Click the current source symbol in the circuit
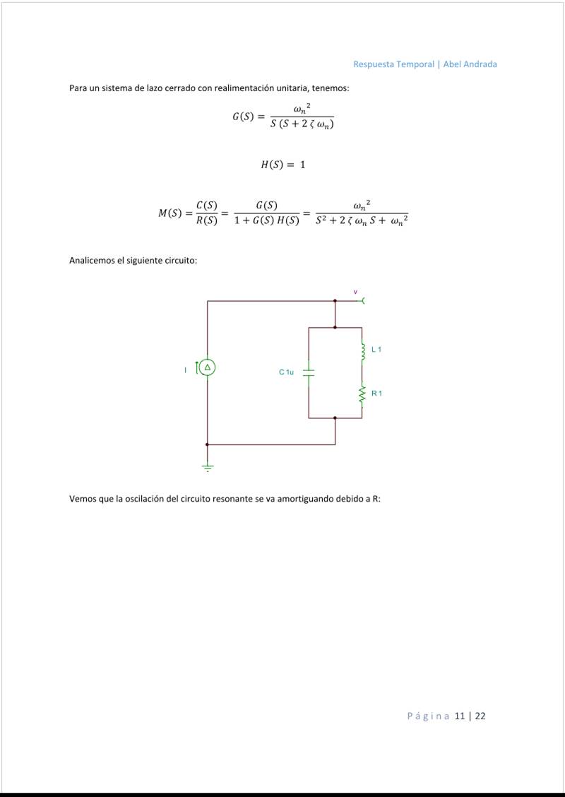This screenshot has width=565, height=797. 207,367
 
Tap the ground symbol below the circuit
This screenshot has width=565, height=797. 207,466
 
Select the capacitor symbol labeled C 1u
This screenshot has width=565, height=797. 309,372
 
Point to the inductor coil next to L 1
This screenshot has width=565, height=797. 362,352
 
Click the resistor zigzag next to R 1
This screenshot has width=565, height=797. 362,396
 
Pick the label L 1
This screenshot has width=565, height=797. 376,350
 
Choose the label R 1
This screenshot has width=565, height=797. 376,393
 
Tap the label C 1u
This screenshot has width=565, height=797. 286,372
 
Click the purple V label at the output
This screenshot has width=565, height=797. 355,291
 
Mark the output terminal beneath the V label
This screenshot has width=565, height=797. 363,301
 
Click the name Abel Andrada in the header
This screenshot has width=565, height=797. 470,64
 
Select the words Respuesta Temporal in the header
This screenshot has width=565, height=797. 393,64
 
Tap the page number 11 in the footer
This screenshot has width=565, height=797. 460,716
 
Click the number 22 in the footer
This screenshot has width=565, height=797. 480,716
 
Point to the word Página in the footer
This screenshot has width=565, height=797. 428,716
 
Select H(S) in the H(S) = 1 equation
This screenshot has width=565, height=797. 272,165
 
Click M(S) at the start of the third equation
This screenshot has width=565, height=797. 170,213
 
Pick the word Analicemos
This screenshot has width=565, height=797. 93,261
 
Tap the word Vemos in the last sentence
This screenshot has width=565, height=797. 82,499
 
